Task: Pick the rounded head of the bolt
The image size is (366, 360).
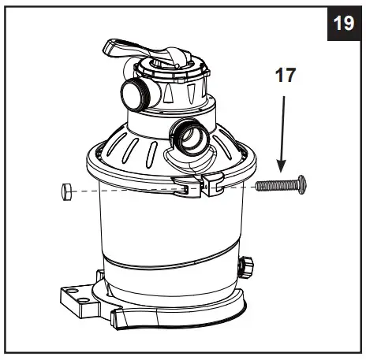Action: coord(301,184)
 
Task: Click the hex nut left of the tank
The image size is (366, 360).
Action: coord(66,189)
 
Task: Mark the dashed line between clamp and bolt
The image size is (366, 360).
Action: coord(237,186)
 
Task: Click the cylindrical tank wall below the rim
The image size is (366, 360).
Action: coord(158,225)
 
